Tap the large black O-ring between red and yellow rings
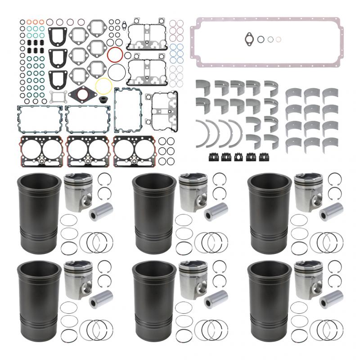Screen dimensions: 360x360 [x=116, y=71]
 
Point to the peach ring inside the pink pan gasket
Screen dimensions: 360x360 [x=279, y=39]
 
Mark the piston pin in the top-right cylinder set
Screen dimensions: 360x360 [x=328, y=212]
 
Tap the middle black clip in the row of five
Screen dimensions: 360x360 [x=238, y=157]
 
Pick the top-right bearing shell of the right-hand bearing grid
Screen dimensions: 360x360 [x=330, y=92]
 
